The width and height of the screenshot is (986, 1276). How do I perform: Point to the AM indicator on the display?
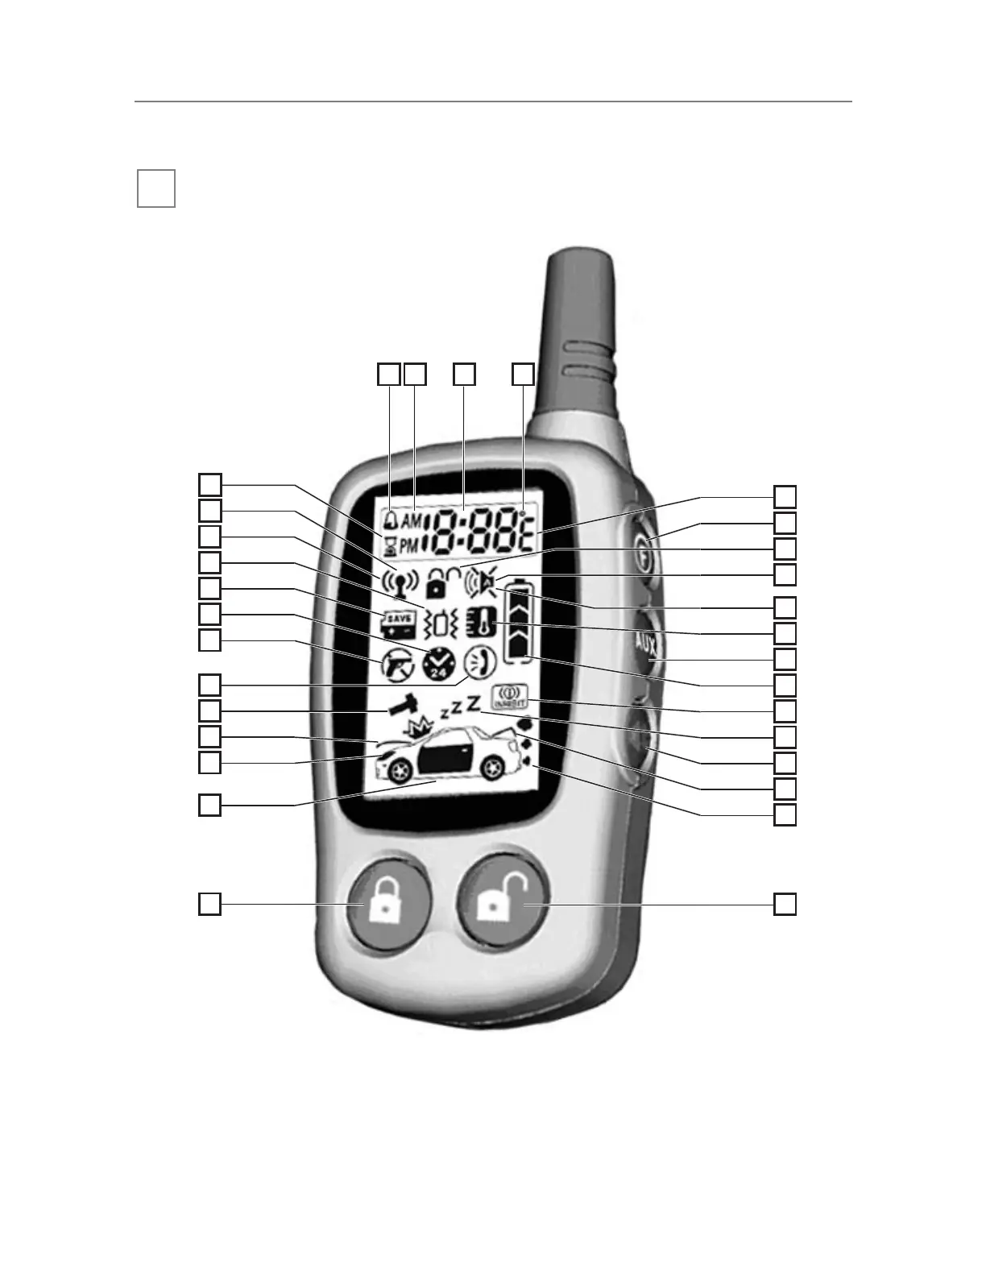point(410,521)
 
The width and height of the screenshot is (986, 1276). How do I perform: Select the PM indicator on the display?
point(410,545)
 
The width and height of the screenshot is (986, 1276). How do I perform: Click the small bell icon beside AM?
point(391,520)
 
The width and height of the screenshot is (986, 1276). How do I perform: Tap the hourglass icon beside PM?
point(391,545)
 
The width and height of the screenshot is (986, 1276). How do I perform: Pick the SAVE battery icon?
point(398,623)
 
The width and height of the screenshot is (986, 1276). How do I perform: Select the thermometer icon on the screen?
point(481,622)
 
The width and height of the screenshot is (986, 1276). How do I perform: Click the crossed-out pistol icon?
point(398,665)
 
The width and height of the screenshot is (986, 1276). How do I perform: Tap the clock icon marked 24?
point(439,665)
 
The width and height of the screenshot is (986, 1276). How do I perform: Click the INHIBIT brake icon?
point(509,697)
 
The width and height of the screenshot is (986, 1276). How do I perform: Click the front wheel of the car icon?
point(398,770)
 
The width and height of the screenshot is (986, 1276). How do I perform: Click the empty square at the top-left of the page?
point(155,188)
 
